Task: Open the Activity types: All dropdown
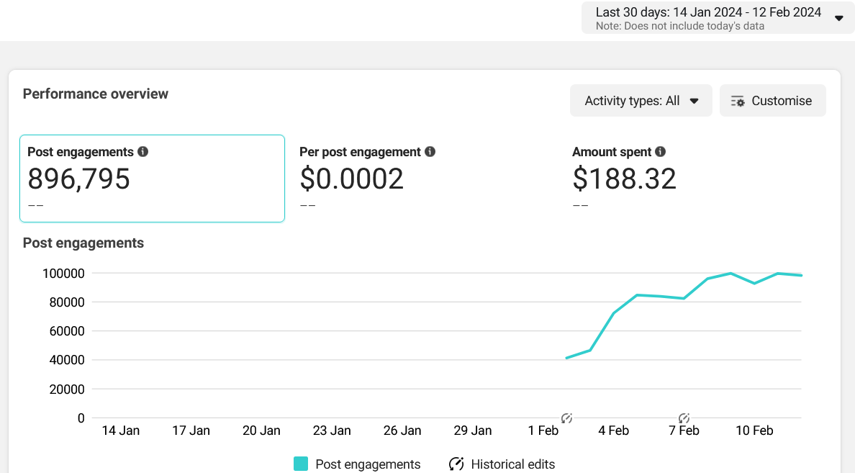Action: (641, 100)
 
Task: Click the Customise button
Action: (773, 100)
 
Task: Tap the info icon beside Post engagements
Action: (143, 152)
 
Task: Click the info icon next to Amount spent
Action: (661, 152)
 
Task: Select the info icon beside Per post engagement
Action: (430, 152)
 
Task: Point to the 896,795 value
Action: (79, 179)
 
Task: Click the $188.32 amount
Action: (625, 179)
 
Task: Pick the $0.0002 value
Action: (352, 179)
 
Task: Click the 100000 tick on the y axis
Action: (63, 274)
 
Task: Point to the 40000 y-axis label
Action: (67, 360)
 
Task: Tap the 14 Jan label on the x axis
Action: (120, 431)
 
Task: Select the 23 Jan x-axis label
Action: (332, 431)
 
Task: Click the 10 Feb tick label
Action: (754, 431)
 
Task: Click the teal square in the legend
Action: (300, 464)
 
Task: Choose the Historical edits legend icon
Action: (456, 464)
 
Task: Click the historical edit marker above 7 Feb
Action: (684, 418)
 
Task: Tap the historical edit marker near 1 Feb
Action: (566, 418)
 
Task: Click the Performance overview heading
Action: (96, 94)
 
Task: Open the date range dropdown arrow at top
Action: (839, 19)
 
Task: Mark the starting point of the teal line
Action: (566, 358)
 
